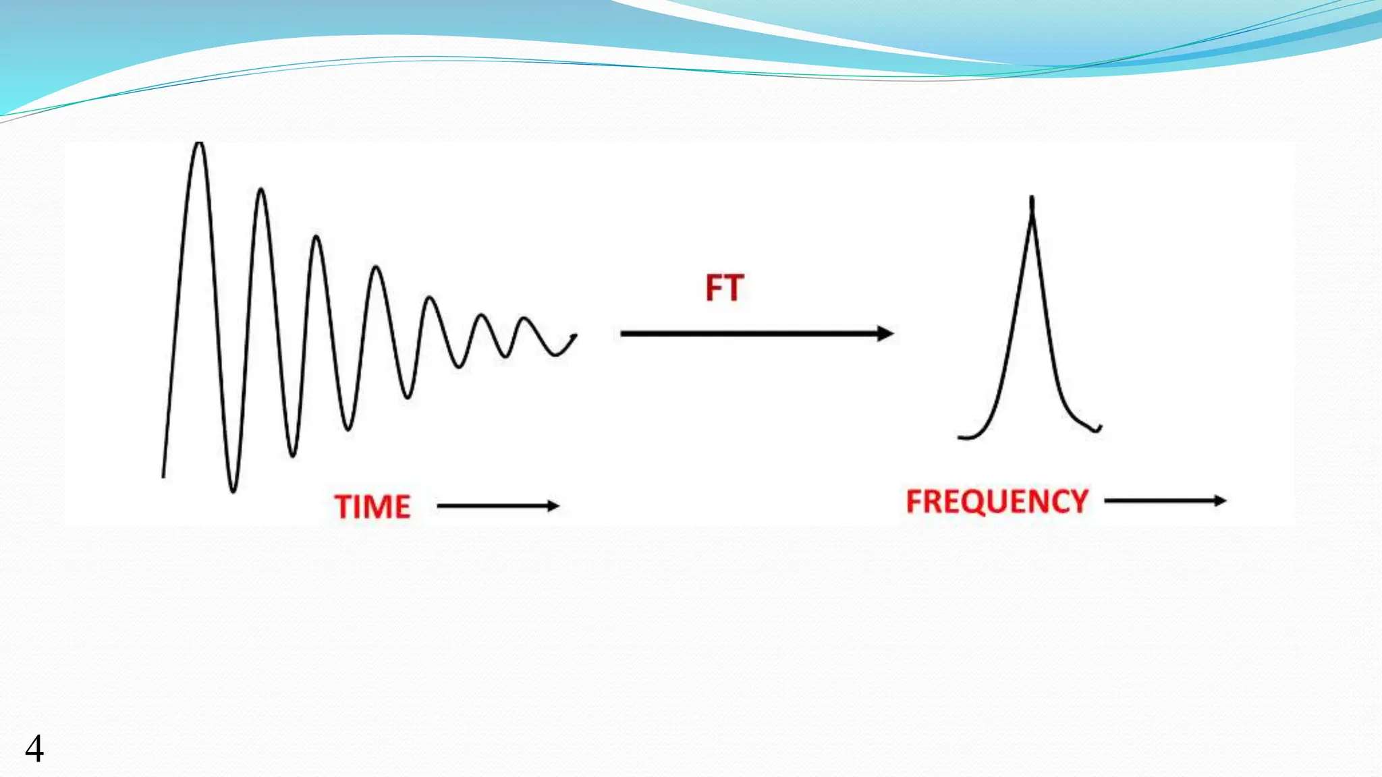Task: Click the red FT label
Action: [x=724, y=288]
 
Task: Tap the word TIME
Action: [x=372, y=507]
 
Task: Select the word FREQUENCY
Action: [x=997, y=502]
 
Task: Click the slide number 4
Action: [x=34, y=749]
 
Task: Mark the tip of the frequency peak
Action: [x=1032, y=200]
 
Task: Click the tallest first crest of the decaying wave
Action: [x=198, y=144]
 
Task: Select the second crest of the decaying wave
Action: [x=261, y=190]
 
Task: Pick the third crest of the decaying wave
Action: [x=316, y=237]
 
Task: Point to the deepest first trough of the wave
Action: [x=233, y=490]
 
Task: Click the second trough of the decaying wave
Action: [x=292, y=455]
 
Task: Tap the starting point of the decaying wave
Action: [x=163, y=476]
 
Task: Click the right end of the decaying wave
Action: [x=575, y=335]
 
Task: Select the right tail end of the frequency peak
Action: [x=1100, y=428]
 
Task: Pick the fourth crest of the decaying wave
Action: [x=377, y=269]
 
